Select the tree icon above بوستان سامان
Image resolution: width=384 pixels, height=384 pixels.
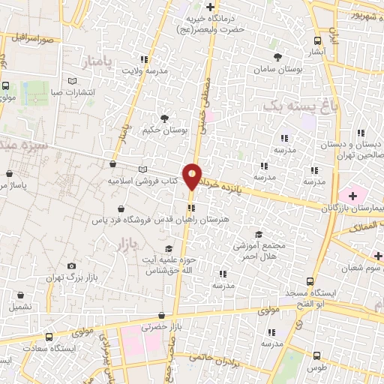pos(277,57)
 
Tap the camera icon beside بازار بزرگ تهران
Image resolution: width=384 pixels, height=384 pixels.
pos(71,265)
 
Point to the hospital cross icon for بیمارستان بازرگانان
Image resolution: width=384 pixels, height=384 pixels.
pos(352,175)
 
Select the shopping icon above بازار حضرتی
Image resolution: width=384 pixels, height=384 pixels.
pos(161,316)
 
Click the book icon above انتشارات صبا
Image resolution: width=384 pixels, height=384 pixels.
pos(72,79)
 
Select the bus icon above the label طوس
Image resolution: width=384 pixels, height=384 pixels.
pos(317,356)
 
